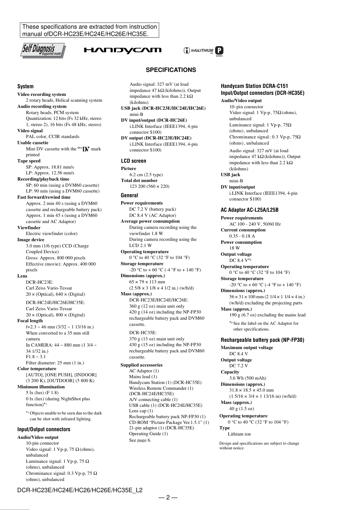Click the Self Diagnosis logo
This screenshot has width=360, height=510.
pos(43,50)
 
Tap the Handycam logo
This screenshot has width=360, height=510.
pos(123,50)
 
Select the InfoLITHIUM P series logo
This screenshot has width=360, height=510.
pos(203,51)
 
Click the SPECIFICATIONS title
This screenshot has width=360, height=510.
pos(171,70)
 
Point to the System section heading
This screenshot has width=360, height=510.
pos(25,86)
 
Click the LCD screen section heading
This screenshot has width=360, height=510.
pos(134,161)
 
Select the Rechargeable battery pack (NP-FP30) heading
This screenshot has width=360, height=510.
pos(262,340)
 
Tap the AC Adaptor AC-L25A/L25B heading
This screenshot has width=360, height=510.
pos(250,210)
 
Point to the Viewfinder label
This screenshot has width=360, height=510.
pos(29,228)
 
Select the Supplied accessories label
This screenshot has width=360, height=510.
pos(142,365)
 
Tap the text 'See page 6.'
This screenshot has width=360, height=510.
pos(140,440)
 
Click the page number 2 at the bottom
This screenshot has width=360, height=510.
pos(168,498)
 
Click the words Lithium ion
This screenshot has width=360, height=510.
pos(239,434)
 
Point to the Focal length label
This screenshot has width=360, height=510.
pos(30,321)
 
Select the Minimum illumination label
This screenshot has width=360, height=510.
pos(41,387)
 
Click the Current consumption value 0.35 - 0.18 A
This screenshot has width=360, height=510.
pos(242,236)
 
